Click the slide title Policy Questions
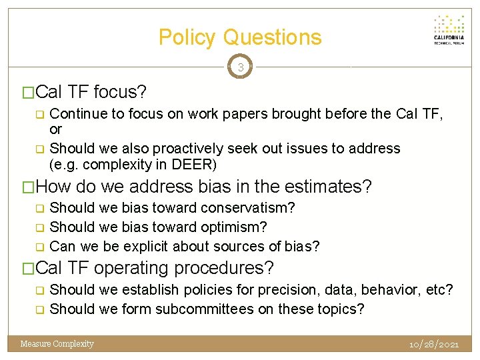(x=240, y=37)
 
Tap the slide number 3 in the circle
(x=240, y=67)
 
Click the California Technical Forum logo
(x=449, y=30)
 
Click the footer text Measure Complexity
(x=57, y=344)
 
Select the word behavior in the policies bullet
(x=393, y=290)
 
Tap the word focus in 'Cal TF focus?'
(x=120, y=91)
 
